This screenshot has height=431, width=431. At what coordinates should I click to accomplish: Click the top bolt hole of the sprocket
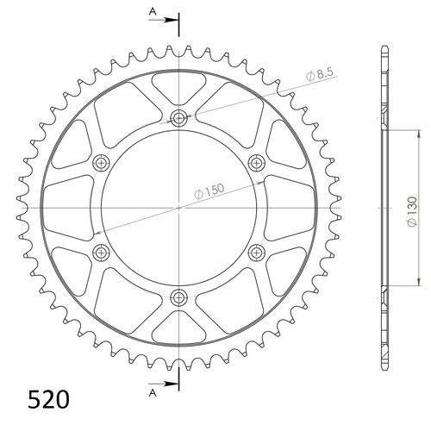[x=178, y=118]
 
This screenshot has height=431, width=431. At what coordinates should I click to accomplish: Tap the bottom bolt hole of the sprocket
[x=178, y=297]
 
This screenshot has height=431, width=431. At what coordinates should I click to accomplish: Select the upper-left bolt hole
[x=101, y=163]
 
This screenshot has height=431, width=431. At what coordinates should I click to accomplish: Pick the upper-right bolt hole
[x=256, y=163]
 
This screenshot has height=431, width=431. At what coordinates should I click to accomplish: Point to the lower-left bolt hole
[x=101, y=253]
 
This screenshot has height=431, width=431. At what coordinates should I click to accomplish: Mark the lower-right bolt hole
[x=256, y=253]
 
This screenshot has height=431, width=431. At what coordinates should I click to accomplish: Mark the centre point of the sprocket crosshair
[x=178, y=208]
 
